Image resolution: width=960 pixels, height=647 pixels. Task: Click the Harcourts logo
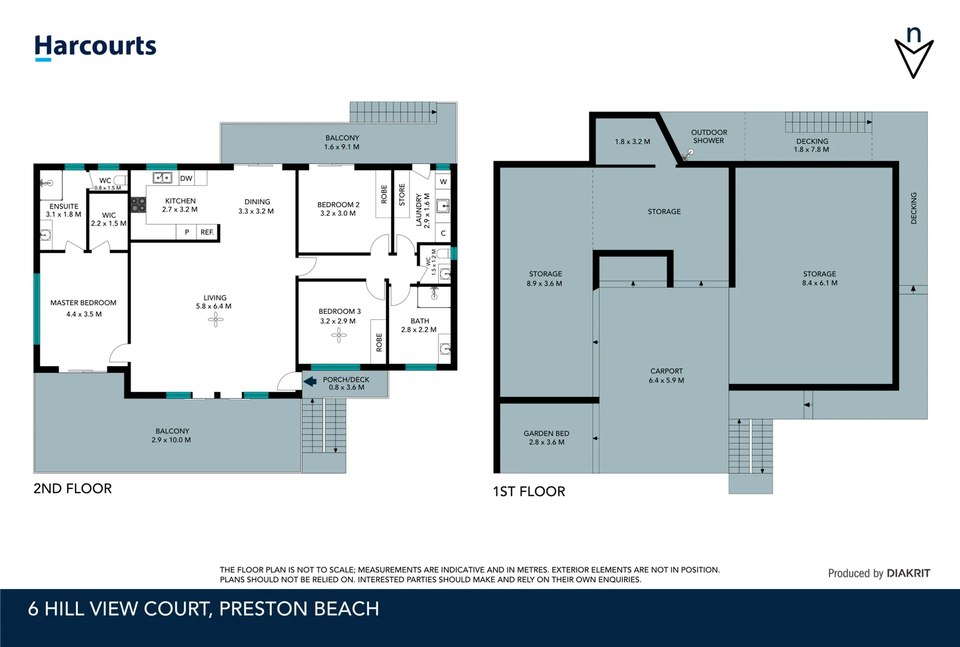click(x=95, y=47)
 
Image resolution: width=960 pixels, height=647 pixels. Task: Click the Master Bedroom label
click(x=83, y=303)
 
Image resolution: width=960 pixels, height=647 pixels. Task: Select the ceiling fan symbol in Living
click(x=216, y=319)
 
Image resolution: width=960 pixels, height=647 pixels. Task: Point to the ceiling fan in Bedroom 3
click(x=338, y=335)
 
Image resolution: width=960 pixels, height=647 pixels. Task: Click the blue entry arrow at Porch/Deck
click(x=310, y=381)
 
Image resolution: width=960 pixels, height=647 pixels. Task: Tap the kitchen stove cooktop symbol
click(x=138, y=205)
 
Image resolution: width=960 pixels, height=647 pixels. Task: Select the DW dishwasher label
click(x=186, y=179)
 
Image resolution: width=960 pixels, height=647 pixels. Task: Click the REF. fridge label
click(x=207, y=232)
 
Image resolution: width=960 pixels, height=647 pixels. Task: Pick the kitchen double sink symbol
click(x=162, y=177)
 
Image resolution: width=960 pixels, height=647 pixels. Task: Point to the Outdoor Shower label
click(x=709, y=137)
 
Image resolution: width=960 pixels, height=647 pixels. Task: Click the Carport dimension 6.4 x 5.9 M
click(x=667, y=380)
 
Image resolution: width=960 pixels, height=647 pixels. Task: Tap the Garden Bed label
click(x=546, y=433)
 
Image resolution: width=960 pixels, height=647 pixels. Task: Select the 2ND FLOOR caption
click(x=72, y=488)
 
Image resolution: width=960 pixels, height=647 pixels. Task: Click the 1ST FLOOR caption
click(x=529, y=491)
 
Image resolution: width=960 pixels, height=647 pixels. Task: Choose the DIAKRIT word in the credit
click(x=908, y=573)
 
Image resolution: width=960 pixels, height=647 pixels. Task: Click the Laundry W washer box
click(x=443, y=182)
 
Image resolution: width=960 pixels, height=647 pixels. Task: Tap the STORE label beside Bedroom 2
click(x=402, y=195)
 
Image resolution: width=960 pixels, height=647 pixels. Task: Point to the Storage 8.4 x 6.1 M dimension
click(x=819, y=283)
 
